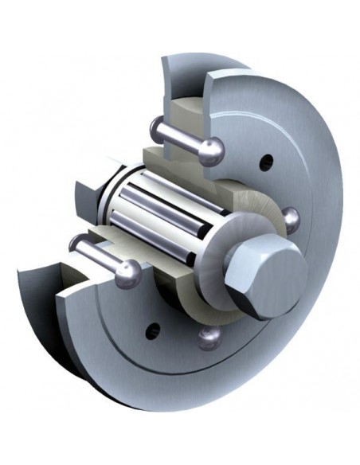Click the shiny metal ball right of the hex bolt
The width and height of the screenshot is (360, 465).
[x=292, y=218]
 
